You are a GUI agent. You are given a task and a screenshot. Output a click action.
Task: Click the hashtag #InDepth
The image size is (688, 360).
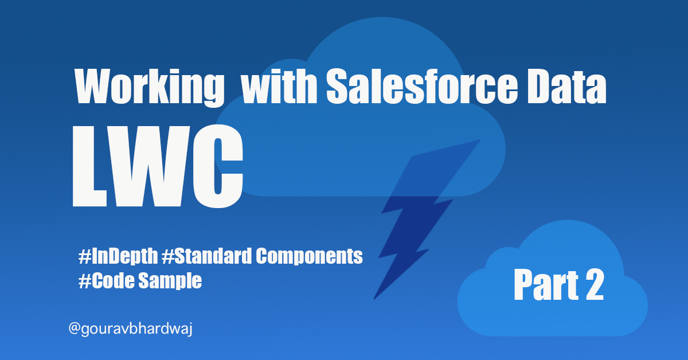click(118, 256)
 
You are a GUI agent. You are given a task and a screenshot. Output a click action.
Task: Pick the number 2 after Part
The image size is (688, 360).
click(593, 285)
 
